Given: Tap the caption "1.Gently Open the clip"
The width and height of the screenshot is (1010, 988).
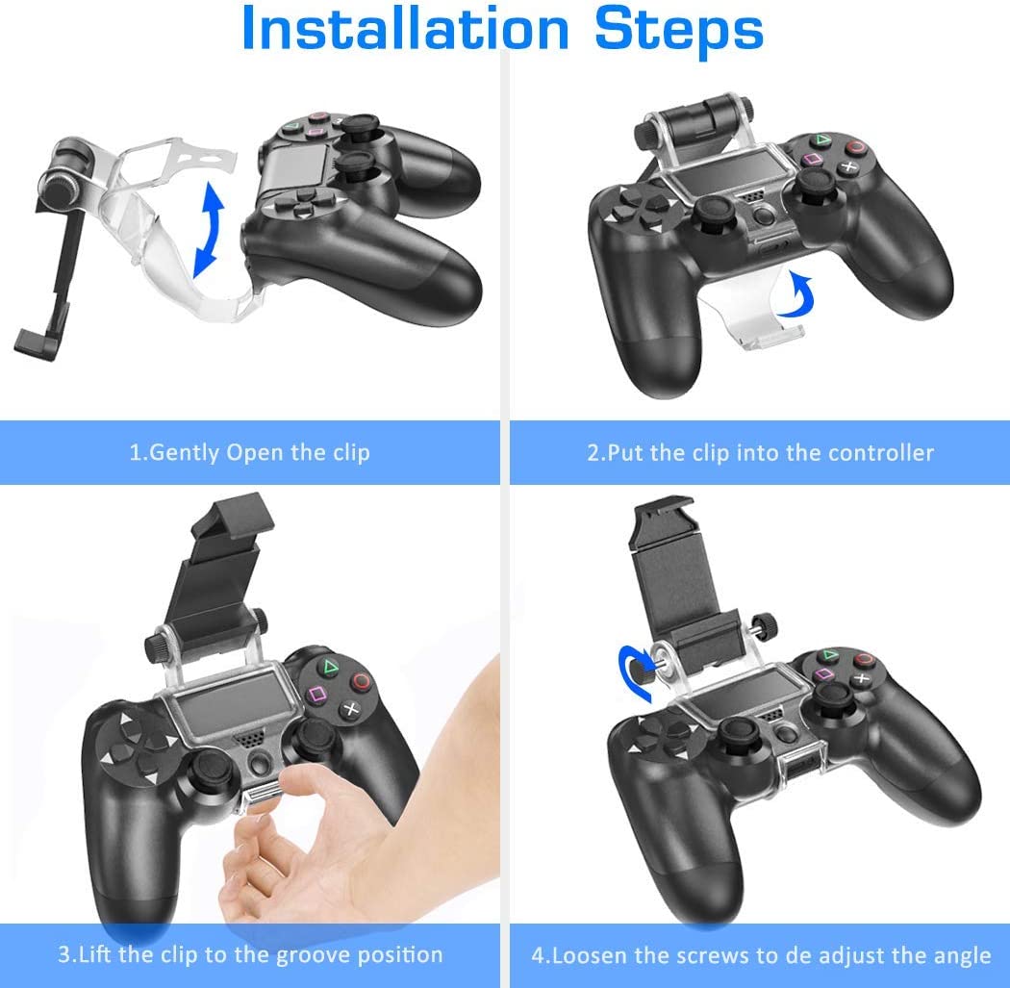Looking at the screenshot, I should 249,452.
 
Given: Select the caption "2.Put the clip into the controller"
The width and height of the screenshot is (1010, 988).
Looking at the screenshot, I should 760,452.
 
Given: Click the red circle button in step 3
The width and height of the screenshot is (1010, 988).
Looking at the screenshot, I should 361,681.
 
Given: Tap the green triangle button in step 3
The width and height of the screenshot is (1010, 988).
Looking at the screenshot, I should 329,665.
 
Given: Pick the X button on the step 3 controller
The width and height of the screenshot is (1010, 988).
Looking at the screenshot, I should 351,711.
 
